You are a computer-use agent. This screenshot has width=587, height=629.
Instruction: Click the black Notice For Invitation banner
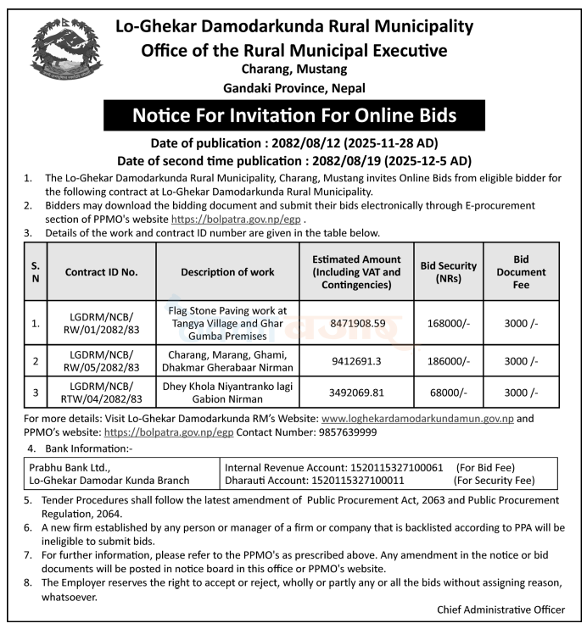point(293,114)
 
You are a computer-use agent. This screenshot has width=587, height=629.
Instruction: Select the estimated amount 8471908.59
point(355,323)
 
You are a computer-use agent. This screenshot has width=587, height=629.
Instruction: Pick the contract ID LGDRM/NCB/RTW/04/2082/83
point(102,392)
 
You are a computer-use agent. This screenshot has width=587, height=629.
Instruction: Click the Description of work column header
point(227,273)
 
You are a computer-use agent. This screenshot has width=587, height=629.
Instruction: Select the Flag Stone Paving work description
point(227,323)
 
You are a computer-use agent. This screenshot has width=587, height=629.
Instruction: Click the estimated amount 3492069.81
point(355,392)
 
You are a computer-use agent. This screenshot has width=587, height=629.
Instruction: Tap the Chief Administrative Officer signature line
point(500,610)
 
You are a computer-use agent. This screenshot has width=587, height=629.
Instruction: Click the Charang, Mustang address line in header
point(293,70)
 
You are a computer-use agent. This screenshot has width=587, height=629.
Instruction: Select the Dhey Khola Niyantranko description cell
point(227,392)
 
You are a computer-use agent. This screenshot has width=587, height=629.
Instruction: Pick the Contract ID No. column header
point(102,273)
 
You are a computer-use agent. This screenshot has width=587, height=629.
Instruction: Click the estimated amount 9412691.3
point(355,360)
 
